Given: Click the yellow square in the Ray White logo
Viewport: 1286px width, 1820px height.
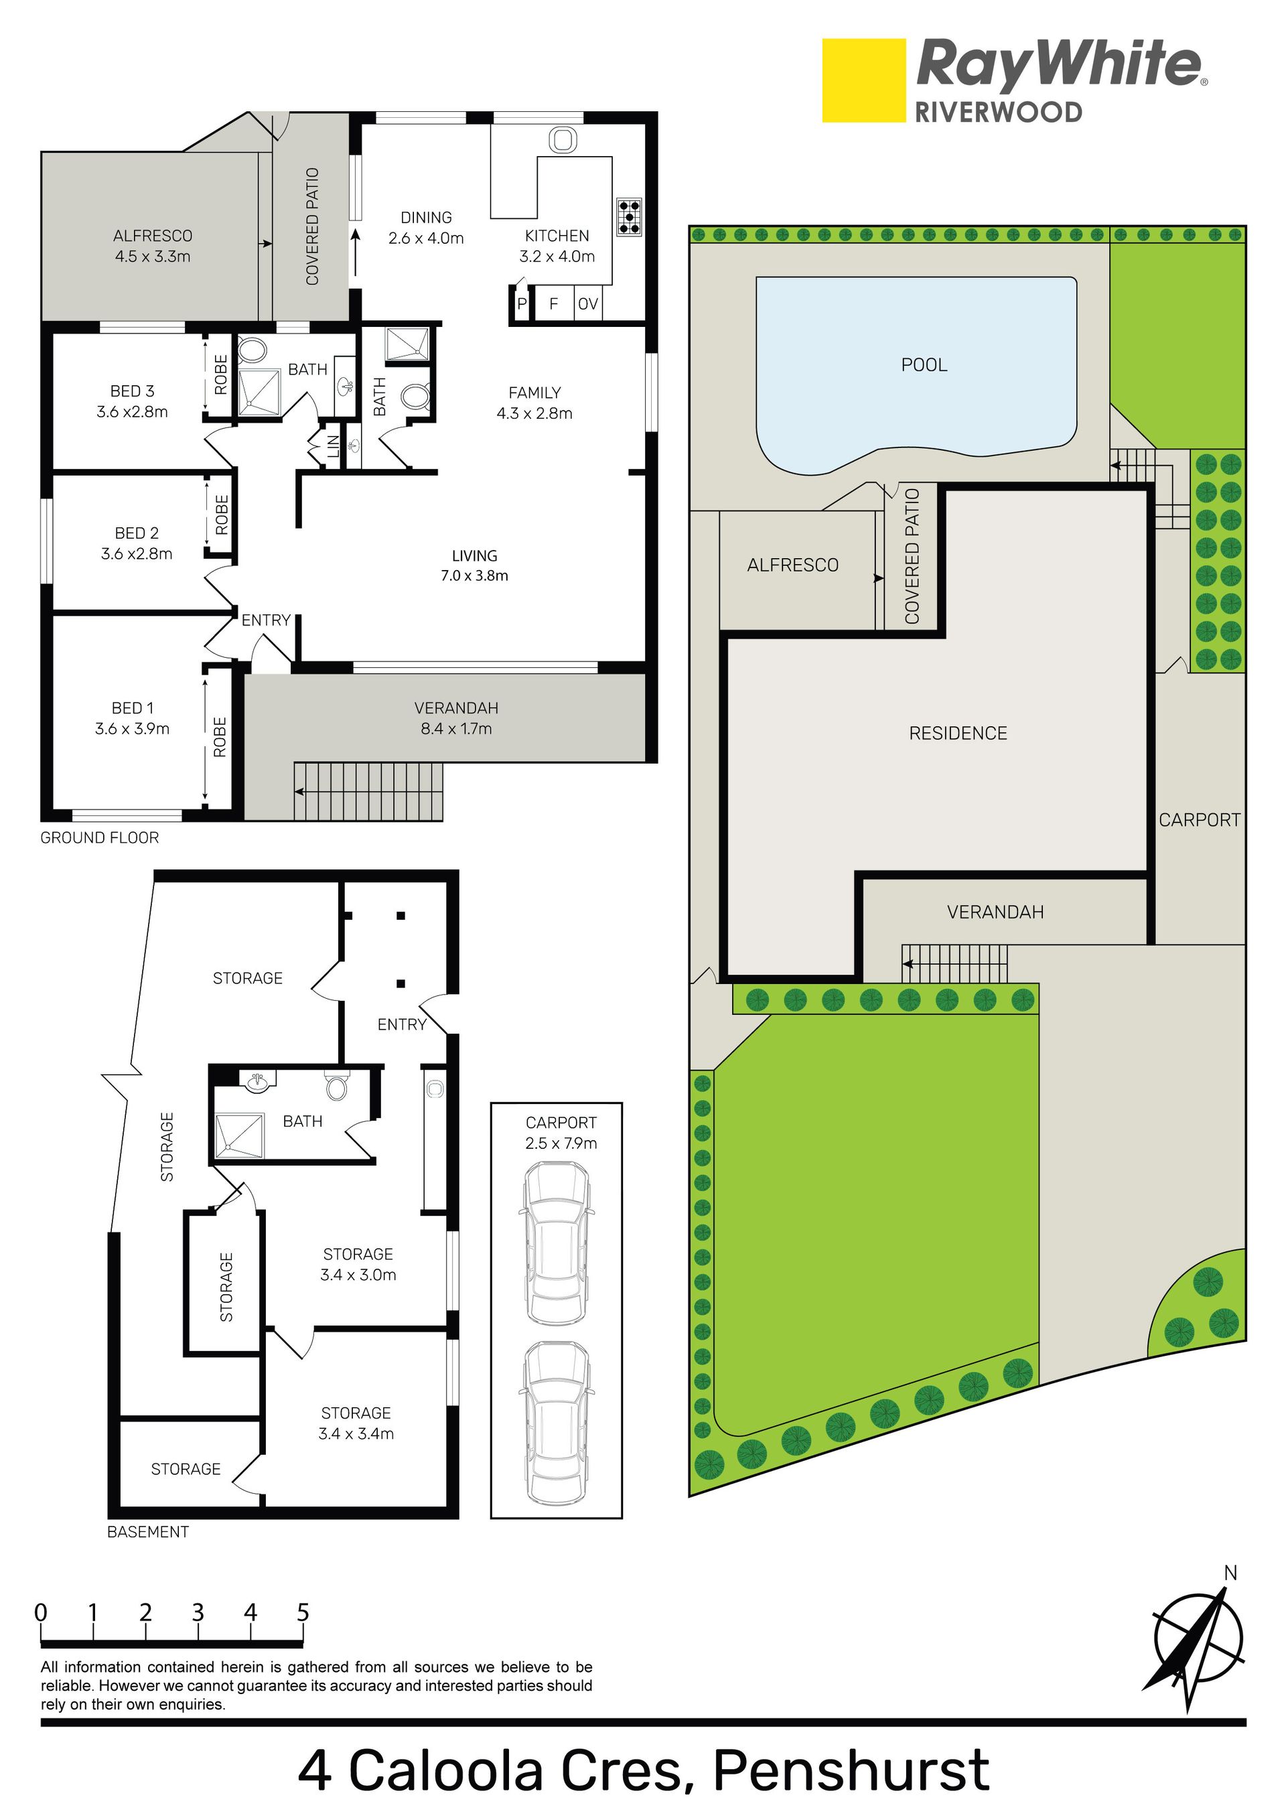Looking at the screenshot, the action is click(863, 81).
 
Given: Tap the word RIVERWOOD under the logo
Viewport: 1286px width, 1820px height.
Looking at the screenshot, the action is click(998, 112).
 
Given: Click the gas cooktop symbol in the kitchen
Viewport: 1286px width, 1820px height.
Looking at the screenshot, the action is click(629, 216).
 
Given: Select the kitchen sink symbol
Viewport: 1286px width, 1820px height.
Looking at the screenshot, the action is click(562, 140).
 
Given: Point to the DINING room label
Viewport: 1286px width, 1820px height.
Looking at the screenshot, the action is click(426, 217).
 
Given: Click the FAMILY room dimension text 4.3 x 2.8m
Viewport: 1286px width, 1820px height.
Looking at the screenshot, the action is click(534, 413).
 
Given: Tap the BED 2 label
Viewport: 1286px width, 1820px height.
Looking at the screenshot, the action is click(137, 533).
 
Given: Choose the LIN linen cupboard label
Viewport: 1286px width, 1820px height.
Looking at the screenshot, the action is click(334, 446).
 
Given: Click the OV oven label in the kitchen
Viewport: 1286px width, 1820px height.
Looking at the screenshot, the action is click(587, 303).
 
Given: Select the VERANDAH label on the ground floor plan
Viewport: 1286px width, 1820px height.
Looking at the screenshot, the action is click(456, 708).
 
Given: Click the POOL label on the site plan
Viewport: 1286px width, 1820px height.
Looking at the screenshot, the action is click(924, 364).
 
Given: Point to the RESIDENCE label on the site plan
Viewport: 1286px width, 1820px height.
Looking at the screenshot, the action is click(958, 733).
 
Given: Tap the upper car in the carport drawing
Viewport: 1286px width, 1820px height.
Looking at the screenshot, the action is click(557, 1243).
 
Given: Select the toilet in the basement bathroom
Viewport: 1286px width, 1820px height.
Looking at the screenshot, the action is click(336, 1085).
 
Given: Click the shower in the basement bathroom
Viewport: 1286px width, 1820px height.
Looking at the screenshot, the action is click(239, 1136).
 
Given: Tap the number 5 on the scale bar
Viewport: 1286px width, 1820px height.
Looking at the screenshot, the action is click(303, 1612).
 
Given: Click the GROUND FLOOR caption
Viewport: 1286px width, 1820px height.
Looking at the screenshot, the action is click(100, 838).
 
